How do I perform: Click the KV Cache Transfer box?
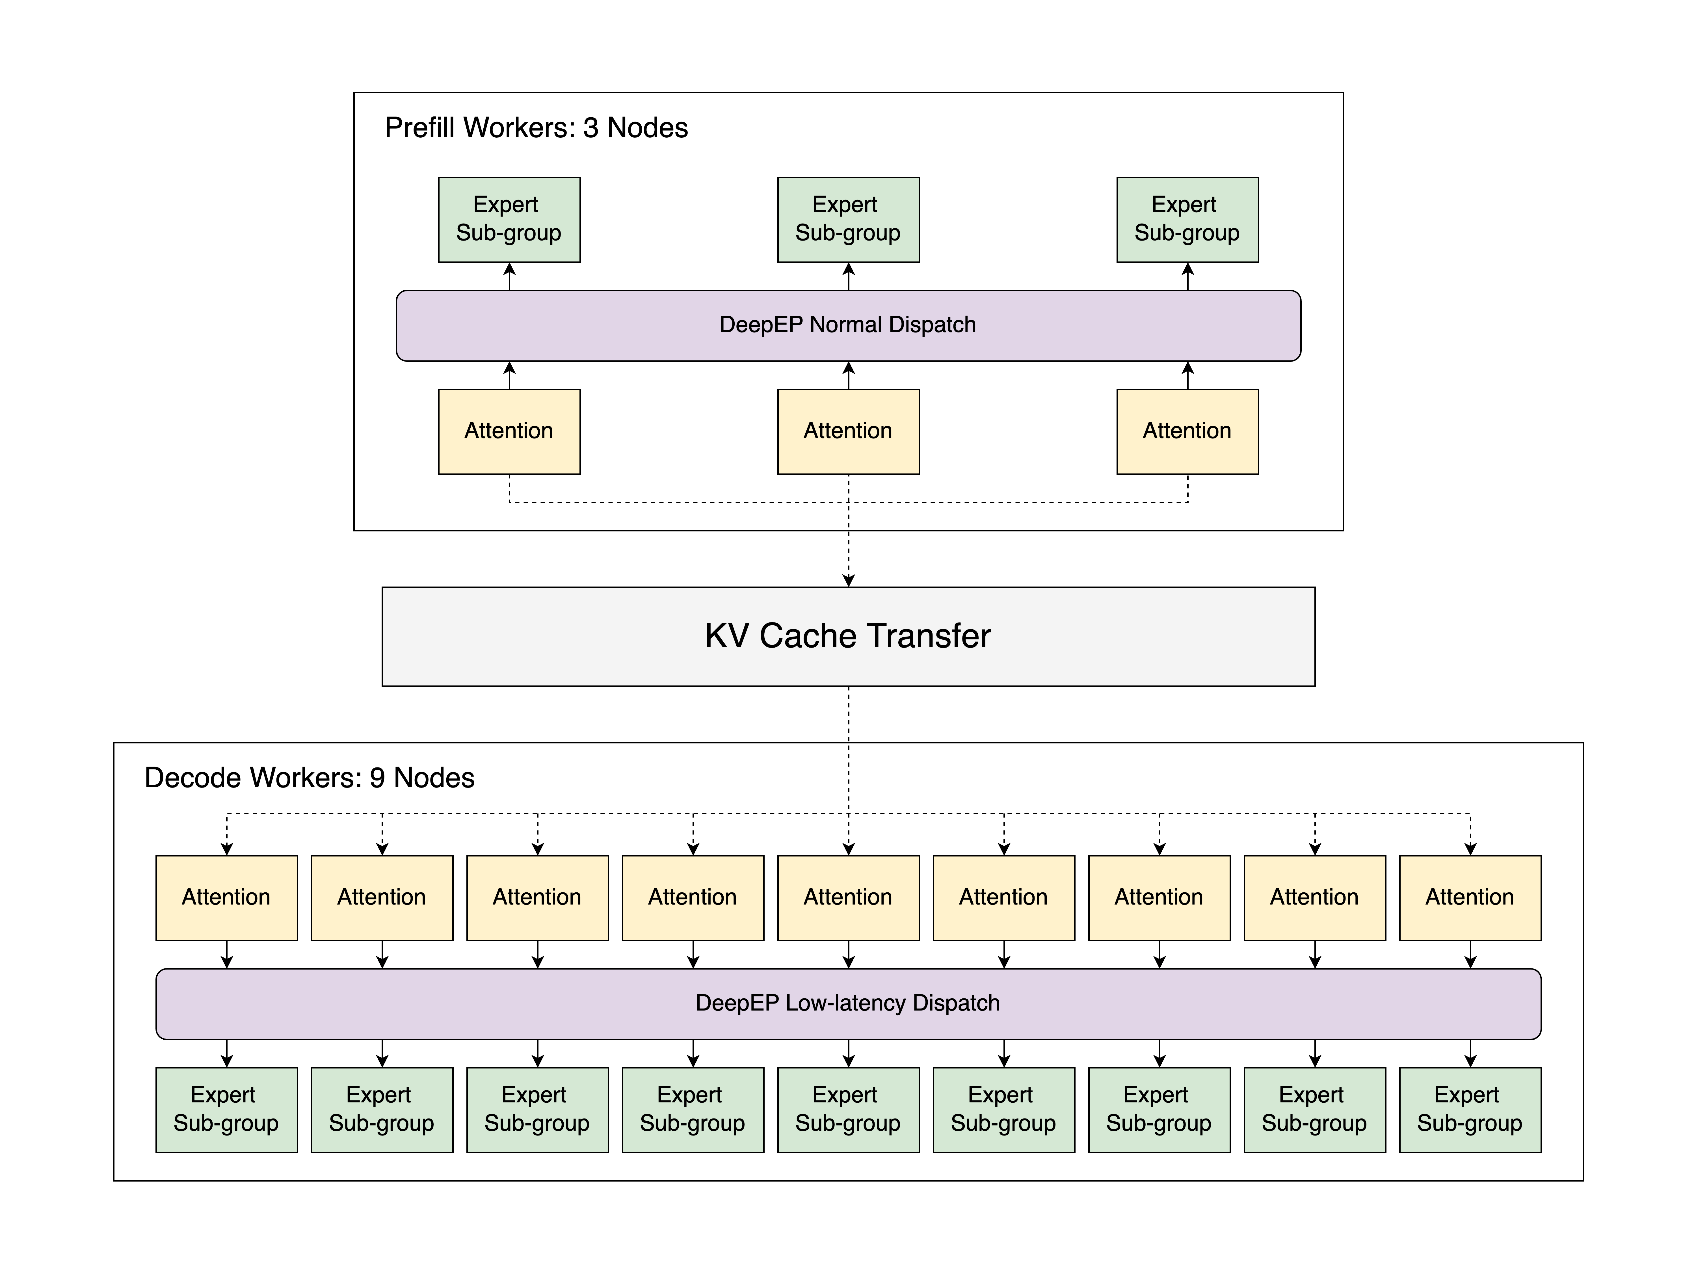tap(848, 636)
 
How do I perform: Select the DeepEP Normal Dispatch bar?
tap(848, 325)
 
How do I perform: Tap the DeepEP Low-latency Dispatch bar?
tap(848, 1004)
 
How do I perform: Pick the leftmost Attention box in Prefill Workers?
tap(509, 431)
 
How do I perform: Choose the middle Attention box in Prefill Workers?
tap(848, 431)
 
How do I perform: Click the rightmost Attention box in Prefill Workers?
tap(1187, 431)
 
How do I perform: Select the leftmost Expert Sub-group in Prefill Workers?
tap(509, 219)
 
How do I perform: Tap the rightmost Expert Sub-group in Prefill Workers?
tap(1187, 219)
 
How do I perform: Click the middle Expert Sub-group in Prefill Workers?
tap(848, 219)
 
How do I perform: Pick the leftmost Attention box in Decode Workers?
tap(226, 897)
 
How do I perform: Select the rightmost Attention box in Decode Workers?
tap(1470, 897)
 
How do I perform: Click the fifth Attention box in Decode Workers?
tap(848, 897)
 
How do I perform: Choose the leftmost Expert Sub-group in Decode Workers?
tap(226, 1109)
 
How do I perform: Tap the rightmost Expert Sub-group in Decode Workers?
tap(1470, 1109)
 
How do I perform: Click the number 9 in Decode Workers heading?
tap(377, 777)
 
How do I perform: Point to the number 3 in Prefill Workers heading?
tap(590, 127)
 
